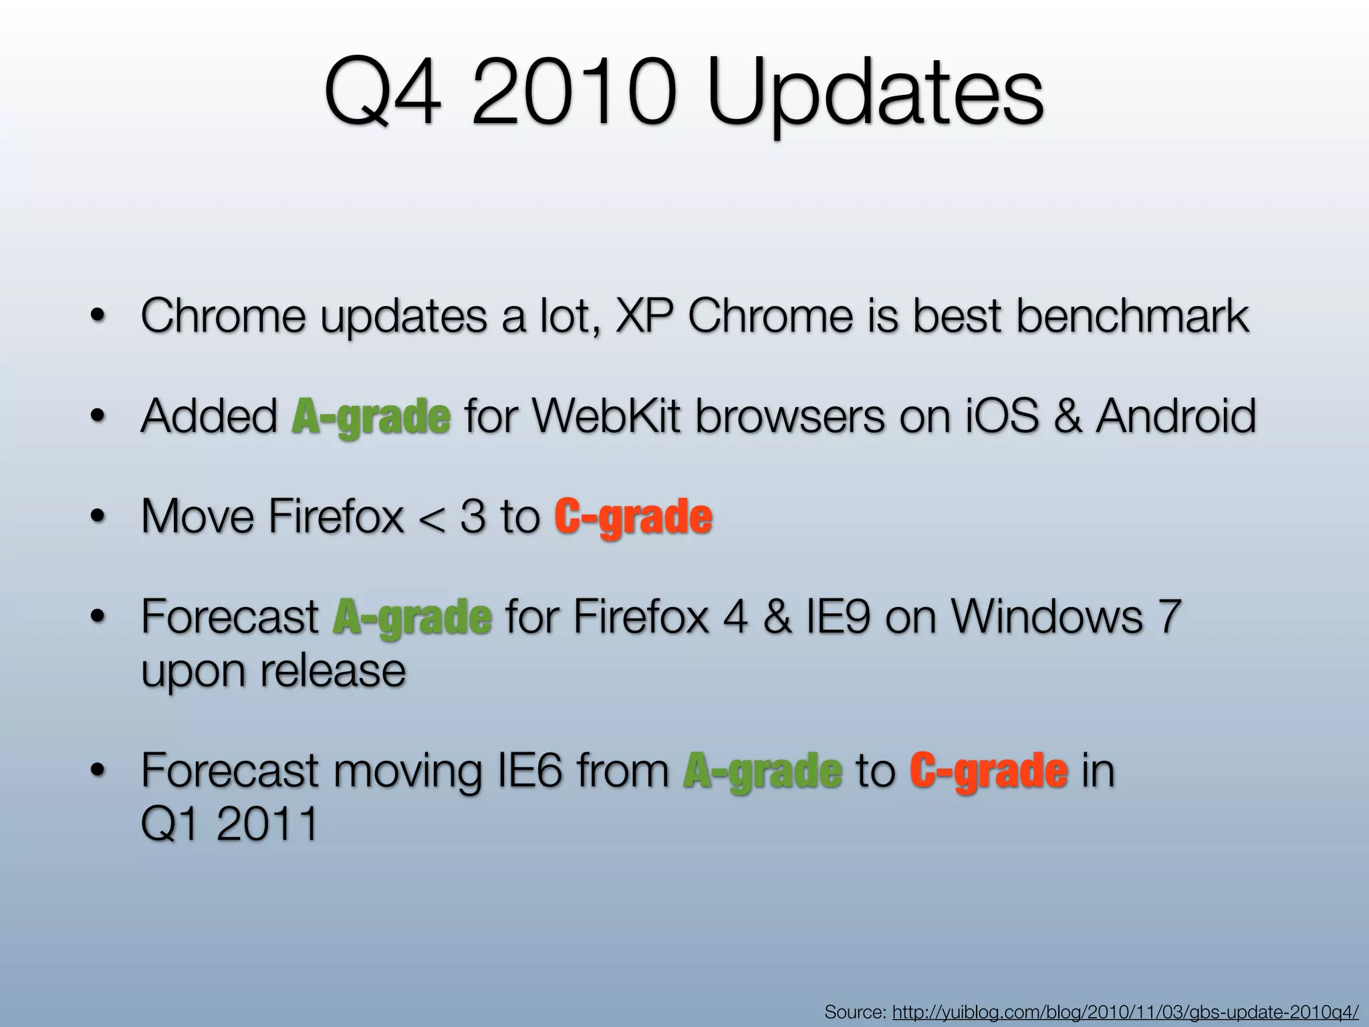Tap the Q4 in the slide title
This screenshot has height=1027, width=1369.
[383, 97]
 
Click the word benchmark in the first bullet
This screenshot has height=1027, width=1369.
[1132, 316]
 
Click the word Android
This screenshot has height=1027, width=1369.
[1175, 416]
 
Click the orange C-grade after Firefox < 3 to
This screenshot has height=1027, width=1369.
[633, 517]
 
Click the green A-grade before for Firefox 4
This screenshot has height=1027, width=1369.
[412, 617]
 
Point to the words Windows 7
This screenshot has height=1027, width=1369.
[1066, 616]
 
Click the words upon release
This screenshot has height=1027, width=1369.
[273, 671]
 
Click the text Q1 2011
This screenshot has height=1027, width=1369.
[229, 824]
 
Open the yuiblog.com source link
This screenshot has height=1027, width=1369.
[1126, 1012]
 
